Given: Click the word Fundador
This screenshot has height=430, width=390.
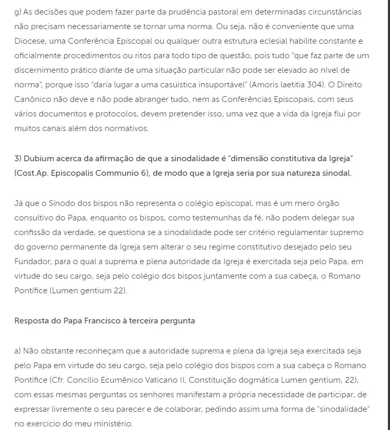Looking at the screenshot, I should coord(33,262).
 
